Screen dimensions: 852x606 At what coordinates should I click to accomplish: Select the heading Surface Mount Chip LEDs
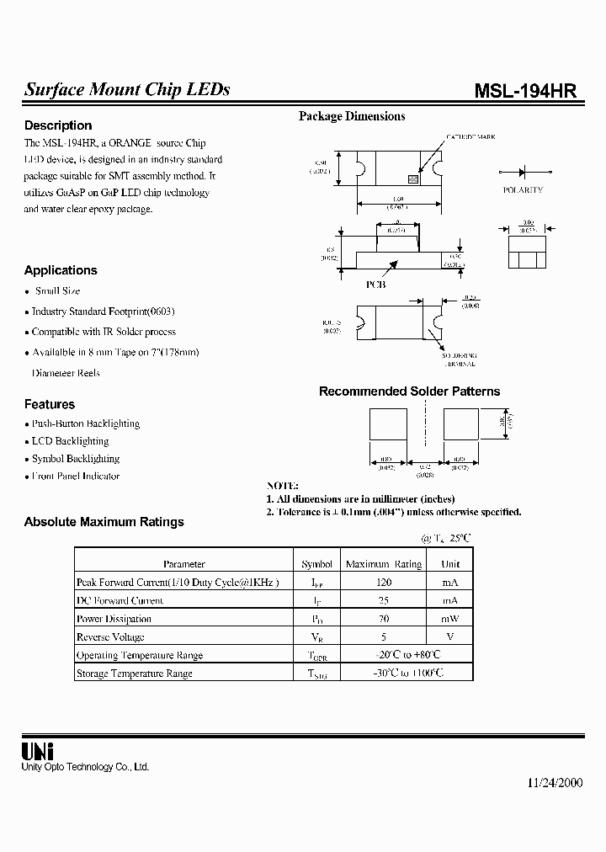tap(127, 90)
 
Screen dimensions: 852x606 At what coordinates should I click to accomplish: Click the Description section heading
tap(58, 125)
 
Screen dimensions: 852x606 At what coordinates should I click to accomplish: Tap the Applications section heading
tap(61, 270)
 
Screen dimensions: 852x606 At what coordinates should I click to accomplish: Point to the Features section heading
tap(50, 404)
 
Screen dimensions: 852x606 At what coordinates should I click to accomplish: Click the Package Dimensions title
tap(352, 116)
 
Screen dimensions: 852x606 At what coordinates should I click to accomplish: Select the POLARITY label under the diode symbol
tap(523, 190)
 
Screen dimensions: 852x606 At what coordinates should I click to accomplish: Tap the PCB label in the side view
tap(375, 285)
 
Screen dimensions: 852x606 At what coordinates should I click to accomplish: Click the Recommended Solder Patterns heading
tap(409, 391)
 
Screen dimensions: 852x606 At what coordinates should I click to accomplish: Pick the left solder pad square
tap(388, 424)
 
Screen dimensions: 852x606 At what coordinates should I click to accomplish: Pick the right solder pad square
tap(461, 424)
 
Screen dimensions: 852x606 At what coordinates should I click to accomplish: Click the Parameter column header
tap(184, 564)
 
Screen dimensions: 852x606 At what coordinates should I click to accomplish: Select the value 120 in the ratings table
tap(384, 582)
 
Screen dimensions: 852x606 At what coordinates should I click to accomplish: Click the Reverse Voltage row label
tap(110, 637)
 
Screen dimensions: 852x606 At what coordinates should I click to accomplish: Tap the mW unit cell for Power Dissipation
tap(450, 619)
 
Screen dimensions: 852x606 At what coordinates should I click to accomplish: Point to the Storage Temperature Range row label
tap(135, 674)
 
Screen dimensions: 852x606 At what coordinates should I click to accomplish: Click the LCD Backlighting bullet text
tap(71, 441)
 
